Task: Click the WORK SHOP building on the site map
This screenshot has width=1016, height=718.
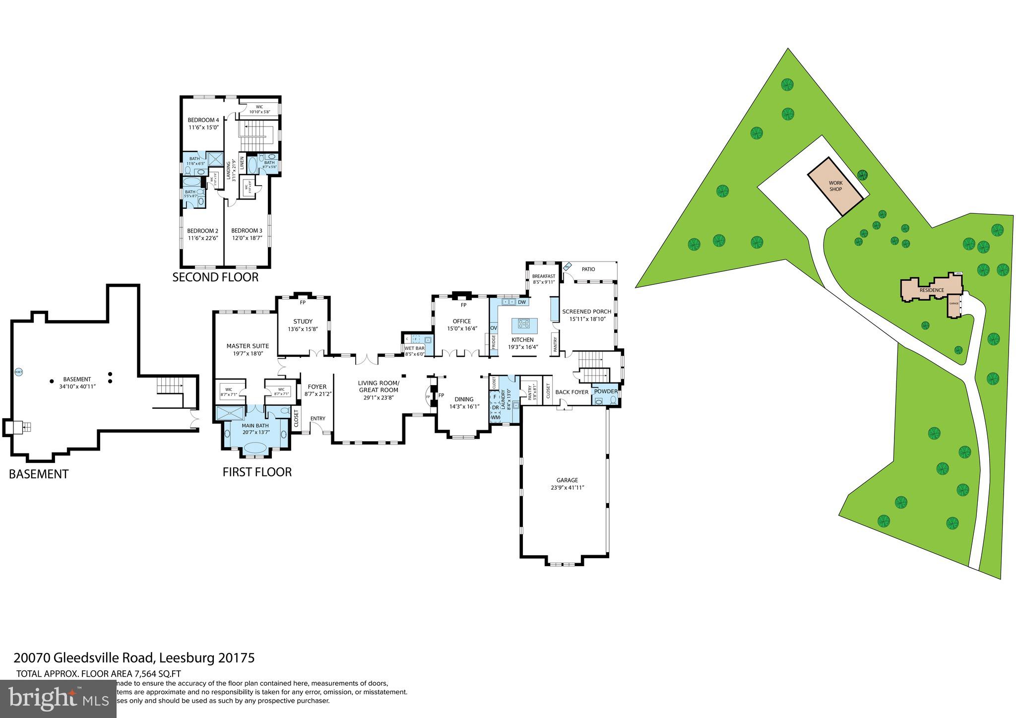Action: (836, 186)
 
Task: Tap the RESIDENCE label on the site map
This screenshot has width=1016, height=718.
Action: (931, 290)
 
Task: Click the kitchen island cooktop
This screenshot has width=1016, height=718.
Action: (524, 324)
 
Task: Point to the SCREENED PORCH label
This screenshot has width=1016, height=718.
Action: (586, 312)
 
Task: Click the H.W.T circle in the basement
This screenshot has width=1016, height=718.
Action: (18, 372)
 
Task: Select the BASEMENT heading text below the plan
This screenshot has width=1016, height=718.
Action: (39, 474)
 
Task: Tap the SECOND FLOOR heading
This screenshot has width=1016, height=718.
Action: (215, 277)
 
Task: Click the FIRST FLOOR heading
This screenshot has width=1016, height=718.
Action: (257, 472)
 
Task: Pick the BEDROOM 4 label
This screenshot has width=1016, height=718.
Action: (203, 120)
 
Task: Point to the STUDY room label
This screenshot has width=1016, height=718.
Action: (303, 322)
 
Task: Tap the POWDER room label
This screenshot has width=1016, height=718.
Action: (606, 392)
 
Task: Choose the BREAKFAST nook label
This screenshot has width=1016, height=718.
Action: (543, 276)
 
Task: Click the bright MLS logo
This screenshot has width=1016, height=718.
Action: (58, 698)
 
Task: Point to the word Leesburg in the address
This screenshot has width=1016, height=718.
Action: (188, 658)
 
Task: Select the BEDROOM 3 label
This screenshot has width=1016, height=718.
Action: (247, 231)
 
